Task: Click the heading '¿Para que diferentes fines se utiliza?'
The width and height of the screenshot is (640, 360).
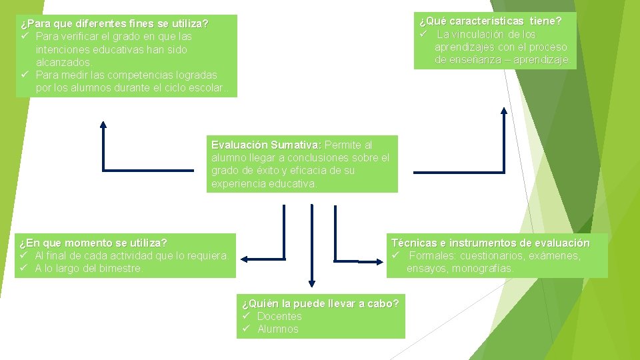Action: pyautogui.click(x=114, y=24)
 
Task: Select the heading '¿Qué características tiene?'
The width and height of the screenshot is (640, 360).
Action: pyautogui.click(x=490, y=21)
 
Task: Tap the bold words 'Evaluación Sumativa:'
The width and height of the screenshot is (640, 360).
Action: pyautogui.click(x=266, y=145)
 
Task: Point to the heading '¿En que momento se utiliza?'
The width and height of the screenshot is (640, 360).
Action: pyautogui.click(x=93, y=243)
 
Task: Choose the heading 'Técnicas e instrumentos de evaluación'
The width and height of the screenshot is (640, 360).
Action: pyautogui.click(x=491, y=243)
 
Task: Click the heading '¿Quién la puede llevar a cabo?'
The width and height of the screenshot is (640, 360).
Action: pyautogui.click(x=320, y=304)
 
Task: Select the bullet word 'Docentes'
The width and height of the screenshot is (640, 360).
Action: pyautogui.click(x=279, y=316)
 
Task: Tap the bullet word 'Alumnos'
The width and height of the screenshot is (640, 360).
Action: pyautogui.click(x=278, y=329)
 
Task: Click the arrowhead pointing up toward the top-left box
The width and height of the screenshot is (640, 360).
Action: pyautogui.click(x=103, y=124)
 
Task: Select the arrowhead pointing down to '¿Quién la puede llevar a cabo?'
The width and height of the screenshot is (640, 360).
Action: pyautogui.click(x=311, y=284)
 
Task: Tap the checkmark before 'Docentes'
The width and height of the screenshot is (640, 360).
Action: pyautogui.click(x=245, y=316)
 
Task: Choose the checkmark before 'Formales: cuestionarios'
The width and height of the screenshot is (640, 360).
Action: pyautogui.click(x=395, y=256)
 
